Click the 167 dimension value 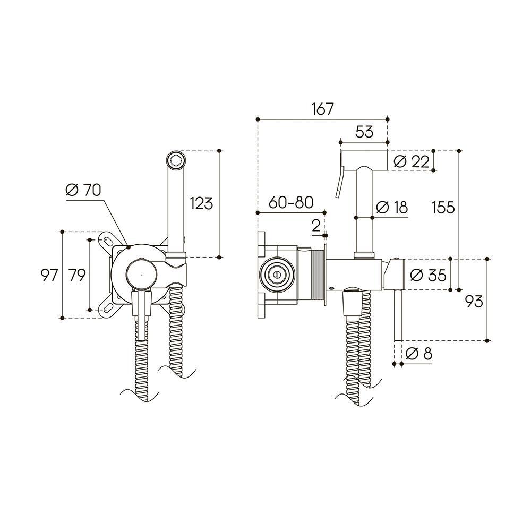click(322, 109)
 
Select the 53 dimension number click(364, 132)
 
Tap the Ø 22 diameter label click(412, 161)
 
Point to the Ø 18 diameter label click(392, 207)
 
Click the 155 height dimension click(443, 207)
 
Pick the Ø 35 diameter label click(427, 275)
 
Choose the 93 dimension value click(474, 301)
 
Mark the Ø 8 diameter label click(419, 354)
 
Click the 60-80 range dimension click(291, 203)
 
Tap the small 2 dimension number click(316, 226)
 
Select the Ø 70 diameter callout click(83, 190)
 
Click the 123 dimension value click(201, 203)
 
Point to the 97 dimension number click(49, 275)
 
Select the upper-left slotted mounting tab click(108, 240)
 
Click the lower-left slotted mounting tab click(108, 307)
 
